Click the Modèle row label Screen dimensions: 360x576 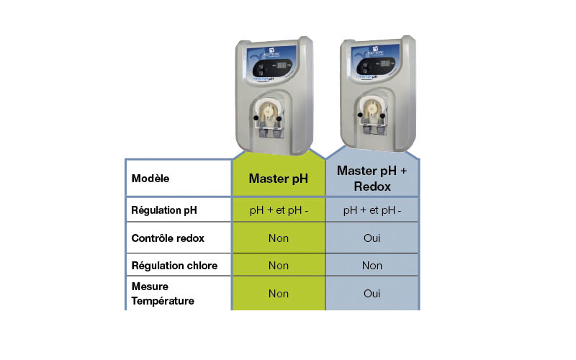pos(150,179)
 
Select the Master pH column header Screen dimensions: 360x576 pos(278,179)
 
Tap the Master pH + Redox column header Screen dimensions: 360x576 pos(372,179)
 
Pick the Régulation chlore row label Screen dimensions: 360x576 pos(174,266)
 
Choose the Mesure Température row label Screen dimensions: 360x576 pos(163,294)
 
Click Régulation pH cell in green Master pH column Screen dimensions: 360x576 pos(278,210)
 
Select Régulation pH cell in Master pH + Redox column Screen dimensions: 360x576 pos(372,210)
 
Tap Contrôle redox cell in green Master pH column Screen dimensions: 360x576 pos(278,238)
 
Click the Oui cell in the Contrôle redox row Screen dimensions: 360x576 pos(372,238)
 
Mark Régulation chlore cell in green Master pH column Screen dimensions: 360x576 pos(278,266)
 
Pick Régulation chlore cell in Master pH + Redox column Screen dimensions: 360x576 pos(372,266)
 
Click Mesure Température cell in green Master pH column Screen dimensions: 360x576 pos(278,294)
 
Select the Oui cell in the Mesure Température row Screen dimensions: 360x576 pos(372,294)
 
